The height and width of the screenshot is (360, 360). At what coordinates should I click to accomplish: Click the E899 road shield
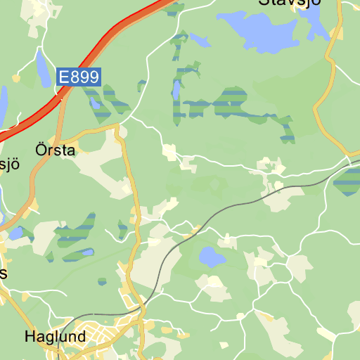coord(79,77)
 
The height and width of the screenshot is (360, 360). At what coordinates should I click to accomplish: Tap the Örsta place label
coord(54,150)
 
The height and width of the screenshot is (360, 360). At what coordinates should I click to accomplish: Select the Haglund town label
coord(55,337)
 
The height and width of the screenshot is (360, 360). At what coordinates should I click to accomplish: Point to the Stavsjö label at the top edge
coord(290,3)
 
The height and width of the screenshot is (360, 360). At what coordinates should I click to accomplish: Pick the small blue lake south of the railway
coord(211,257)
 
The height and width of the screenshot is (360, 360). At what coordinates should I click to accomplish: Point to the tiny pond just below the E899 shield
coord(94,103)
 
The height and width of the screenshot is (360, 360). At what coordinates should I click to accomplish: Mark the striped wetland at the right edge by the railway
coord(348,181)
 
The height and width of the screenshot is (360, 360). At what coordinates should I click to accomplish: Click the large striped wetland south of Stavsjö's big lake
coord(232,102)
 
